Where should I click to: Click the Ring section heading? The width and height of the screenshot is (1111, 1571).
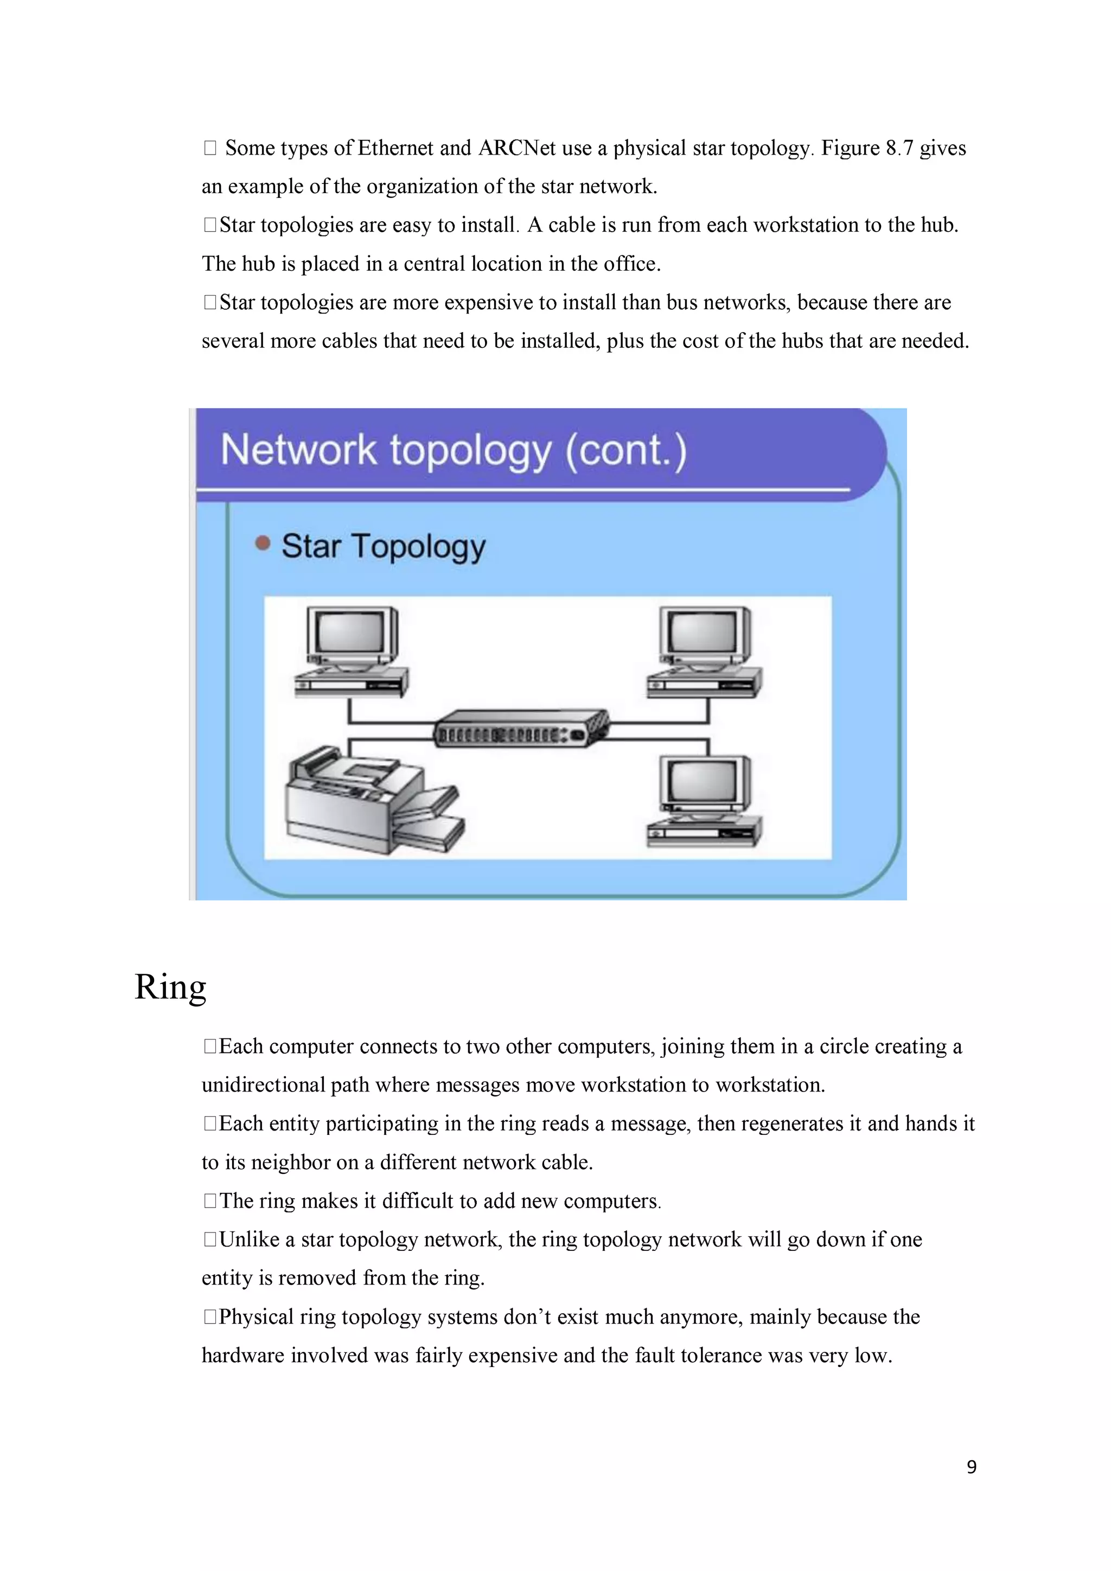pyautogui.click(x=170, y=987)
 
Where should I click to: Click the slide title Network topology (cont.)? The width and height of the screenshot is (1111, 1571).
pyautogui.click(x=454, y=451)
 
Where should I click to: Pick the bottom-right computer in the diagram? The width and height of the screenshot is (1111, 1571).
pyautogui.click(x=705, y=801)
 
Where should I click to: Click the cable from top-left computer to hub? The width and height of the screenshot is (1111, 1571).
pyautogui.click(x=383, y=721)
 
